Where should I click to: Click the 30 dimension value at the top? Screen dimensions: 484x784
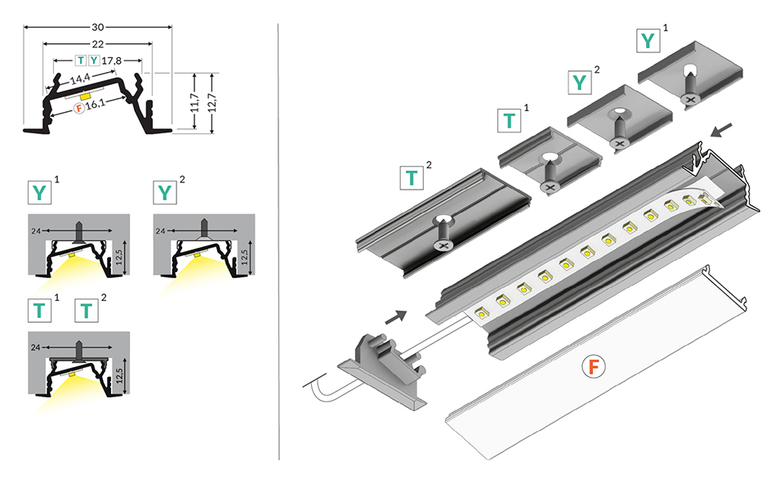pyautogui.click(x=99, y=26)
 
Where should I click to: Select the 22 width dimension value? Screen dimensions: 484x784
pyautogui.click(x=99, y=43)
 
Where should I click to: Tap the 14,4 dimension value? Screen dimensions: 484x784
pyautogui.click(x=81, y=80)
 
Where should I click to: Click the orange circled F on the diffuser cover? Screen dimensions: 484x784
pyautogui.click(x=593, y=368)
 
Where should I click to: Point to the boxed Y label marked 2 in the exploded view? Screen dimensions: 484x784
pyautogui.click(x=579, y=81)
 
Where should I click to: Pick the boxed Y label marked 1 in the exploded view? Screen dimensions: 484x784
pyautogui.click(x=648, y=40)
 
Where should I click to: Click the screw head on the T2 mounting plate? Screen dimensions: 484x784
pyautogui.click(x=443, y=243)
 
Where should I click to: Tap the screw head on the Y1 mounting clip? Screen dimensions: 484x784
pyautogui.click(x=691, y=99)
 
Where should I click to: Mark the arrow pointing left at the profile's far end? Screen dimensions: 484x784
pyautogui.click(x=722, y=129)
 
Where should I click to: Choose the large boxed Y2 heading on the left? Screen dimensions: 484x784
pyautogui.click(x=165, y=193)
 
